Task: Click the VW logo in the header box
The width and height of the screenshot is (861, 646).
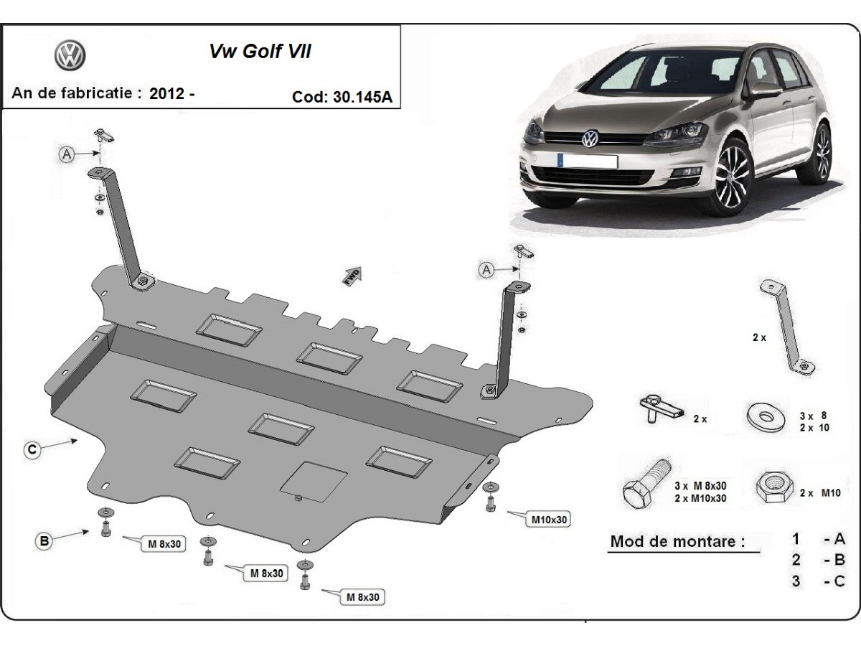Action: [70, 56]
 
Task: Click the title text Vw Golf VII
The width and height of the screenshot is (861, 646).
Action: [260, 52]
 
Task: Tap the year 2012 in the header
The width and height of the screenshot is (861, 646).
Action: [167, 93]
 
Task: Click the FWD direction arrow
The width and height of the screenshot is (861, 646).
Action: [353, 276]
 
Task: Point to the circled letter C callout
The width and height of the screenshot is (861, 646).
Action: [32, 450]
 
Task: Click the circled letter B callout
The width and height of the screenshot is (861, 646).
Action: [44, 542]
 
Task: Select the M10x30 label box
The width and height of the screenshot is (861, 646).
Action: [550, 518]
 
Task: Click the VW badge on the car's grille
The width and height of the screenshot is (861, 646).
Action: [589, 138]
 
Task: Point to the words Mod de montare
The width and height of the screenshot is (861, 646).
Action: [677, 541]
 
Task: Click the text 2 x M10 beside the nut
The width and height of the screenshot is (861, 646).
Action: [819, 492]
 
